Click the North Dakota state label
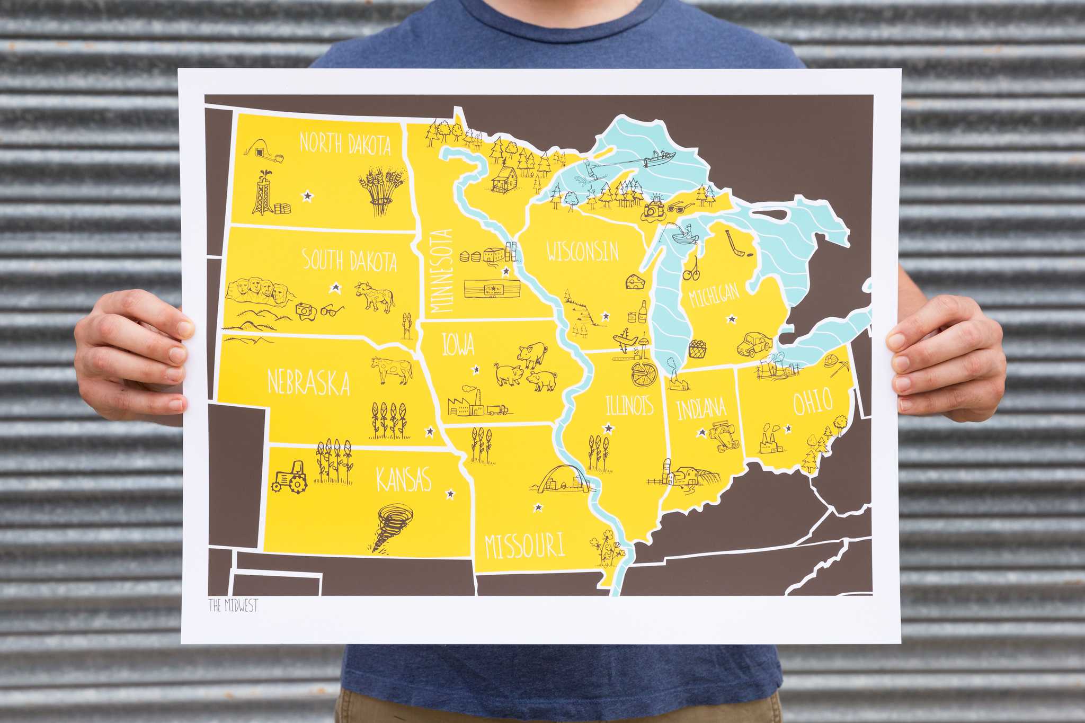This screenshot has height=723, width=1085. click(x=345, y=144)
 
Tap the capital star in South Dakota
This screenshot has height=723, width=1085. click(x=335, y=288)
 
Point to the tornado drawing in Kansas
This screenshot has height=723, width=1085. click(x=392, y=527)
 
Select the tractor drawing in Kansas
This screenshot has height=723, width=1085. click(x=290, y=477)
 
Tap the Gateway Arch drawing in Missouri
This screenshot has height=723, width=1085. click(x=563, y=480)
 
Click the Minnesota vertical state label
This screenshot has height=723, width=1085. click(x=442, y=271)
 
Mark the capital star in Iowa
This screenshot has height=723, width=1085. click(x=476, y=369)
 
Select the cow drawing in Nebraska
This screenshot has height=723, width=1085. click(x=392, y=370)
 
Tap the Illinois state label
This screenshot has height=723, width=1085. click(x=629, y=406)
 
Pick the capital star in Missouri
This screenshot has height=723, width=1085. click(x=538, y=507)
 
